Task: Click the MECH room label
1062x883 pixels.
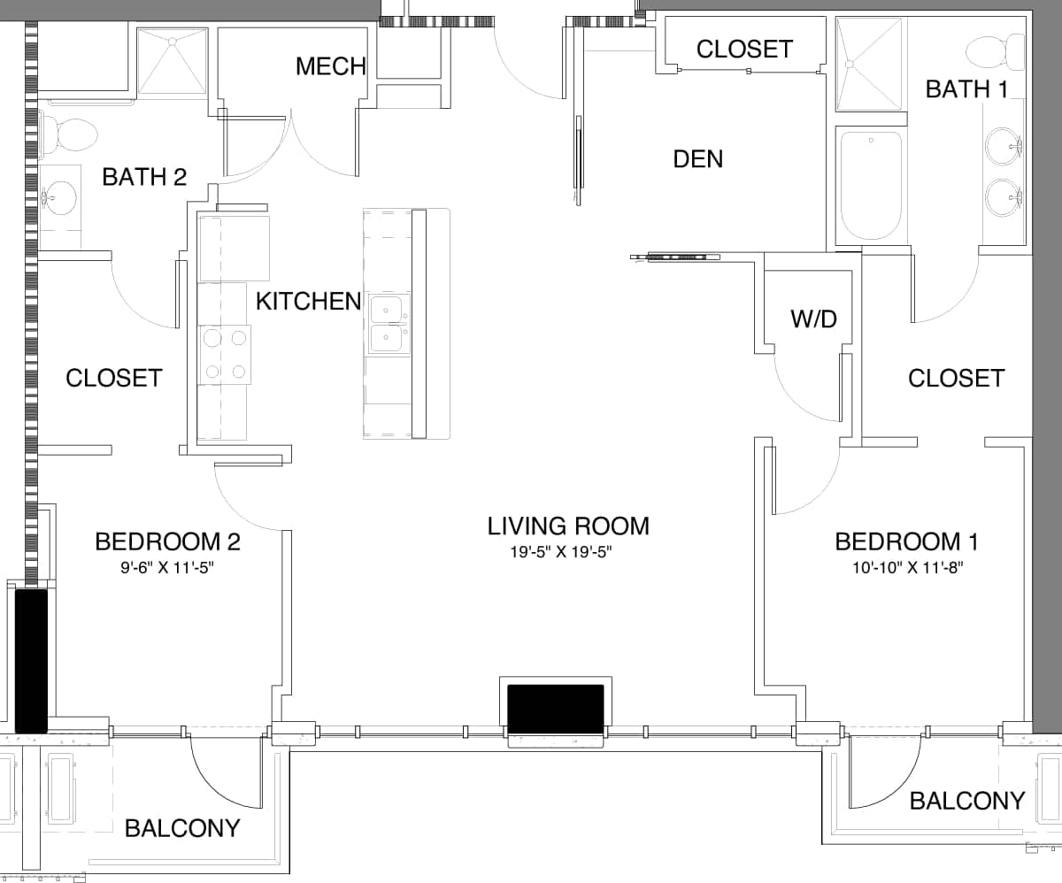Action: pos(331,66)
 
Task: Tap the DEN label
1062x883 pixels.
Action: pos(697,159)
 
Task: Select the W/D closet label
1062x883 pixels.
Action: pos(813,319)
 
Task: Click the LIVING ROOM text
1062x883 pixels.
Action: pos(568,526)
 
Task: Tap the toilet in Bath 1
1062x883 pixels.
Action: pos(992,50)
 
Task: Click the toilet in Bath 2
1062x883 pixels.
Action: pos(69,134)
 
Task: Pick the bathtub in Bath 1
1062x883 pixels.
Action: pos(871,186)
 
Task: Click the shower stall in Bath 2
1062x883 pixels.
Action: pos(173,60)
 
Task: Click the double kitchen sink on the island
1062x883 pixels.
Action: pos(389,324)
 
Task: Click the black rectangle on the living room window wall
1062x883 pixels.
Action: pos(555,709)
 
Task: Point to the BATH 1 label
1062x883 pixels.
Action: pos(966,89)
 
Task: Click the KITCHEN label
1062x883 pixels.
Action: pos(308,302)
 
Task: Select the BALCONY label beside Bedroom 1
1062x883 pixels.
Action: pos(966,801)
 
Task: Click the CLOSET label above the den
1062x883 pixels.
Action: pos(744,50)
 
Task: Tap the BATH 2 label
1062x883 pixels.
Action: pos(144,177)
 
